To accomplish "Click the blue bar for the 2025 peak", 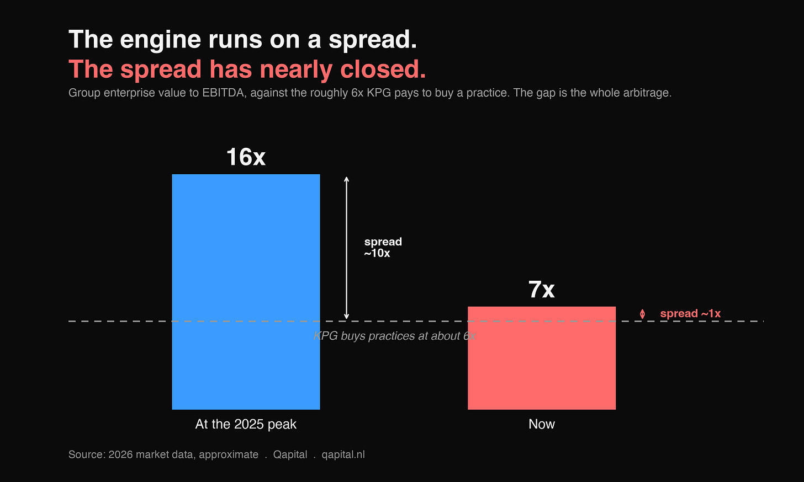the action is click(x=246, y=292).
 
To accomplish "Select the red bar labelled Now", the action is click(x=542, y=358).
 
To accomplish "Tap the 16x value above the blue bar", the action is click(x=246, y=157).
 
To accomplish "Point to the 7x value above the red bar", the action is click(x=542, y=290).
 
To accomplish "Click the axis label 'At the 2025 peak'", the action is click(x=246, y=424).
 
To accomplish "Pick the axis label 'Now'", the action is click(x=542, y=424).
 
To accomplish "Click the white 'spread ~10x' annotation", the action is click(x=383, y=247).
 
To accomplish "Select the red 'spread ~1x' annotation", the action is click(x=690, y=314).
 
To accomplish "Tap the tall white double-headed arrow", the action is click(x=346, y=248).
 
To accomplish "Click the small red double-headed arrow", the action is click(x=643, y=314).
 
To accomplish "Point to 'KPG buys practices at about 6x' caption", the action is click(x=394, y=336).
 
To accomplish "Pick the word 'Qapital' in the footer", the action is click(x=290, y=454).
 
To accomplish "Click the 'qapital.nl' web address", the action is click(x=343, y=454).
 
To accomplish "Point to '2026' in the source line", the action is click(x=120, y=454).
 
